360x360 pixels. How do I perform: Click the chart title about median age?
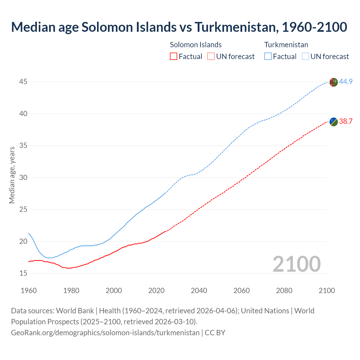[179, 27]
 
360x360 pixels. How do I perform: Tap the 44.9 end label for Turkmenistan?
[346, 82]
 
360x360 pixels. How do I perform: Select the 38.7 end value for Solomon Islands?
[346, 121]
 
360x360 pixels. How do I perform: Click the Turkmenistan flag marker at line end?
[333, 82]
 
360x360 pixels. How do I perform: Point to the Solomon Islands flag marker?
[333, 122]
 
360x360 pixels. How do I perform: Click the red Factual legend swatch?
[174, 57]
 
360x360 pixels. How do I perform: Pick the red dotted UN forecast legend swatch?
[211, 57]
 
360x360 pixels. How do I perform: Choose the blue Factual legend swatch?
[268, 57]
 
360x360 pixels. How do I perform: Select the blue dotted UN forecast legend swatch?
[305, 57]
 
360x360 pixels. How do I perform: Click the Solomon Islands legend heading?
[196, 45]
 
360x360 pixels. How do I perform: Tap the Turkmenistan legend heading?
[286, 45]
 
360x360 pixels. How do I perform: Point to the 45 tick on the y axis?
[23, 82]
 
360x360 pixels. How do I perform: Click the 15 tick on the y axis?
[23, 273]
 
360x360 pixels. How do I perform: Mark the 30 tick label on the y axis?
[23, 178]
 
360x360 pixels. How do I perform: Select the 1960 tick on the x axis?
[29, 291]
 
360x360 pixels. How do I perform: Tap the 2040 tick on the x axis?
[199, 291]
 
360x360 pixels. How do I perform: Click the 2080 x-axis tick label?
[284, 291]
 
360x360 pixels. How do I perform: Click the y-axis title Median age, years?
[12, 175]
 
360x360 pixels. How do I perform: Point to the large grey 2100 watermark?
[296, 264]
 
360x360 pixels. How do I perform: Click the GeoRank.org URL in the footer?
[105, 333]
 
